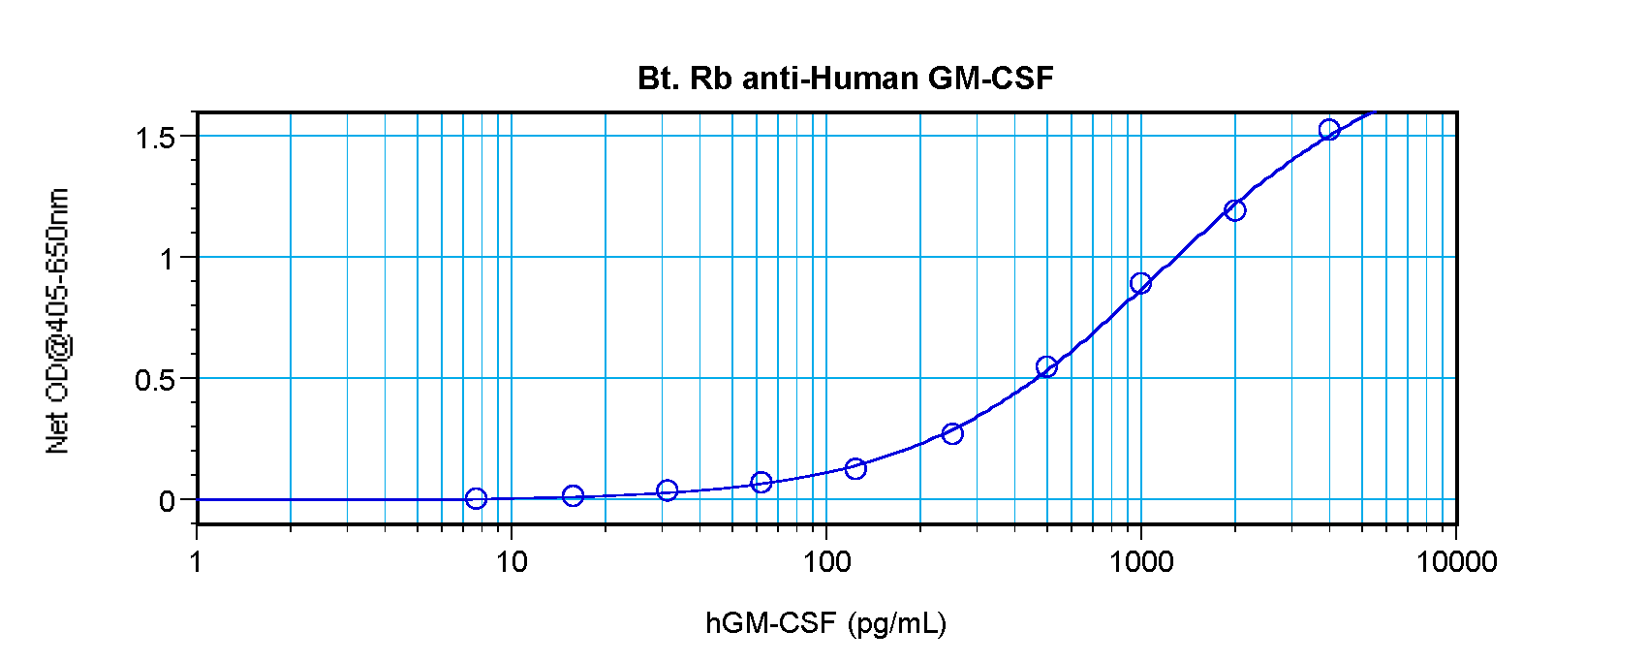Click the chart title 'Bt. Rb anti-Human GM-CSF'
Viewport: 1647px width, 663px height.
pos(845,79)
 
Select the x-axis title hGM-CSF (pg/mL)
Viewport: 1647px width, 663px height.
pos(825,623)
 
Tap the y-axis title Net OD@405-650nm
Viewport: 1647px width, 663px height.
pos(58,321)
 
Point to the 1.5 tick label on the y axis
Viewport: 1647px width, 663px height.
pos(155,138)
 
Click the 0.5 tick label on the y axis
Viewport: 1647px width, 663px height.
pos(155,380)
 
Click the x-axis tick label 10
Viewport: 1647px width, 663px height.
pos(511,561)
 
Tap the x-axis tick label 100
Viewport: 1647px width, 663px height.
pos(825,561)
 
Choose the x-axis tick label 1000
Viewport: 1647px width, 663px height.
pos(1140,561)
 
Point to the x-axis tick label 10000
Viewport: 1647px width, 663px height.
pos(1455,561)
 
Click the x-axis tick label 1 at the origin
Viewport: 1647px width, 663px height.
pos(197,561)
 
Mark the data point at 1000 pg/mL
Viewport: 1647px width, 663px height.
pos(1140,283)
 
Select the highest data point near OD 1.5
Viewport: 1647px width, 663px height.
pos(1329,130)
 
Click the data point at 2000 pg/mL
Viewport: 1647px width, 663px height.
pos(1234,210)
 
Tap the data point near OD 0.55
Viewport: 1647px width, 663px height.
pos(1045,366)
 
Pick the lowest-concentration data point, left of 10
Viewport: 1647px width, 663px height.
pos(476,498)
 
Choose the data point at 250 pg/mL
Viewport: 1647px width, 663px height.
pos(951,433)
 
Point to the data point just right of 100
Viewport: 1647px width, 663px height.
pos(855,469)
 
